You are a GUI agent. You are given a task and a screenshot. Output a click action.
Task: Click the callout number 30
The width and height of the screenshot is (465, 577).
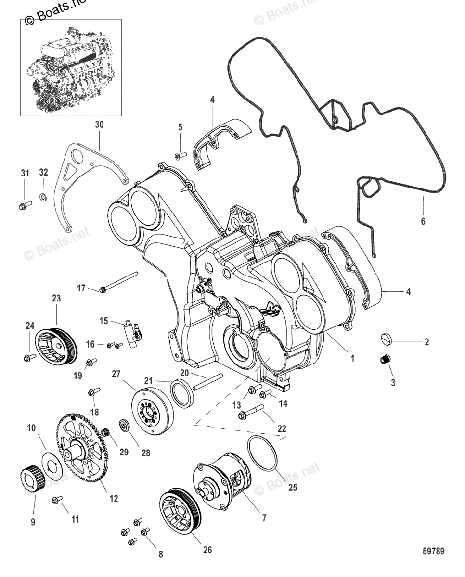99,125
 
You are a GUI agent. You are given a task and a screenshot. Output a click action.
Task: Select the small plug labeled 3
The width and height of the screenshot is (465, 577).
385,359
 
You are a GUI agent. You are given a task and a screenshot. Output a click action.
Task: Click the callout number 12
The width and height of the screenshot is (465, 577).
114,499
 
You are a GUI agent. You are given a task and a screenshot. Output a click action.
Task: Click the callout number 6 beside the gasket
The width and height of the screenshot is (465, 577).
423,222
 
